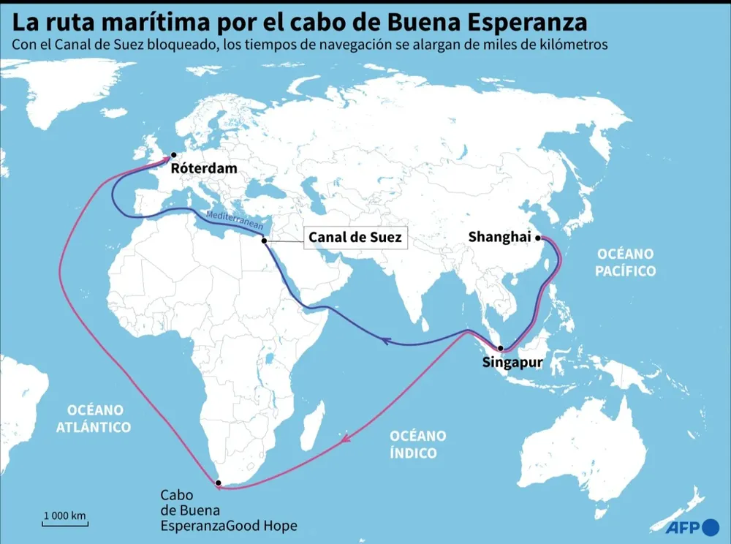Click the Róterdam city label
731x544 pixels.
click(x=204, y=169)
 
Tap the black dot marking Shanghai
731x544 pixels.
click(x=537, y=238)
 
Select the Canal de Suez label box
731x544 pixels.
click(x=355, y=238)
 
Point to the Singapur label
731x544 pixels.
click(x=512, y=361)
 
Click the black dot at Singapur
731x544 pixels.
click(x=500, y=348)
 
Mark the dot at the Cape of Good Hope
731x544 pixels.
click(x=218, y=483)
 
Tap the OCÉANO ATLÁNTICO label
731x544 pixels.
click(x=94, y=418)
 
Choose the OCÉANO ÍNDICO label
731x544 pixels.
click(x=417, y=444)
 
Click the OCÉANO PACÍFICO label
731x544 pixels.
click(x=625, y=262)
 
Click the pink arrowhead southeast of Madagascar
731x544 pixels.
click(x=346, y=439)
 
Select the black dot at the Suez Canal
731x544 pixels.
click(x=264, y=240)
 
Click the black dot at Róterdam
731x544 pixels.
click(x=174, y=155)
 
